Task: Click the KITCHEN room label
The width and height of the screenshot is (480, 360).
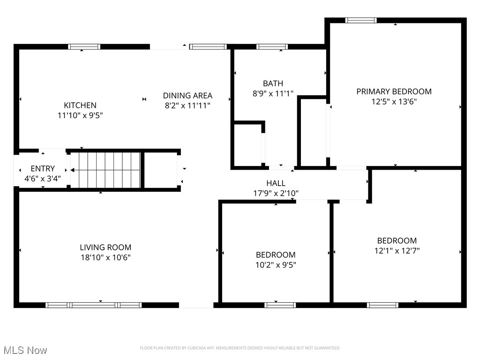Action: point(80,105)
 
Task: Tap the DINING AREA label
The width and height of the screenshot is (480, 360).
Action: point(187,95)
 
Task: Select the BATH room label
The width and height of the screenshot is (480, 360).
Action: point(273,83)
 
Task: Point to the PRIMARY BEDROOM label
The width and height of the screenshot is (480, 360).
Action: point(394,91)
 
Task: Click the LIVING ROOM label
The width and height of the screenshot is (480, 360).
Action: point(105,247)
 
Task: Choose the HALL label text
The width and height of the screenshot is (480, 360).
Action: point(276,183)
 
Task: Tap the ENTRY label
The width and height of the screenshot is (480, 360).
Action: point(43,168)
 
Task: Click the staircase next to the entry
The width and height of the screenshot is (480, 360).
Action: point(105,170)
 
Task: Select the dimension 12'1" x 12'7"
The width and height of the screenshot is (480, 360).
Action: point(397,251)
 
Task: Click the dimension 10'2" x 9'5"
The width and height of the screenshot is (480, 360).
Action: point(276,265)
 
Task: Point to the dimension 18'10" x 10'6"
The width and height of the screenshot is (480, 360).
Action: point(105,257)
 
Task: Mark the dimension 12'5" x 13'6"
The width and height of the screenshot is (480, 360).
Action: point(394,102)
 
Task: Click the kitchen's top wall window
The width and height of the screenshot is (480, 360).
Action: point(84,46)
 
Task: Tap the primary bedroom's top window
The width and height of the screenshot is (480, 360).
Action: point(361,20)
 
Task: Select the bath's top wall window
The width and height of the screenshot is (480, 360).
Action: point(272,46)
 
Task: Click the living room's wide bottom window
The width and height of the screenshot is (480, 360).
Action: point(93,305)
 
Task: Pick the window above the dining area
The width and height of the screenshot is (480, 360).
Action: point(208,46)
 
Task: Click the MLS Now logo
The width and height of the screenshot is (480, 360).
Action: point(25,350)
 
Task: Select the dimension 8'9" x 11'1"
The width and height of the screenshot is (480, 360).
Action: point(273,94)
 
